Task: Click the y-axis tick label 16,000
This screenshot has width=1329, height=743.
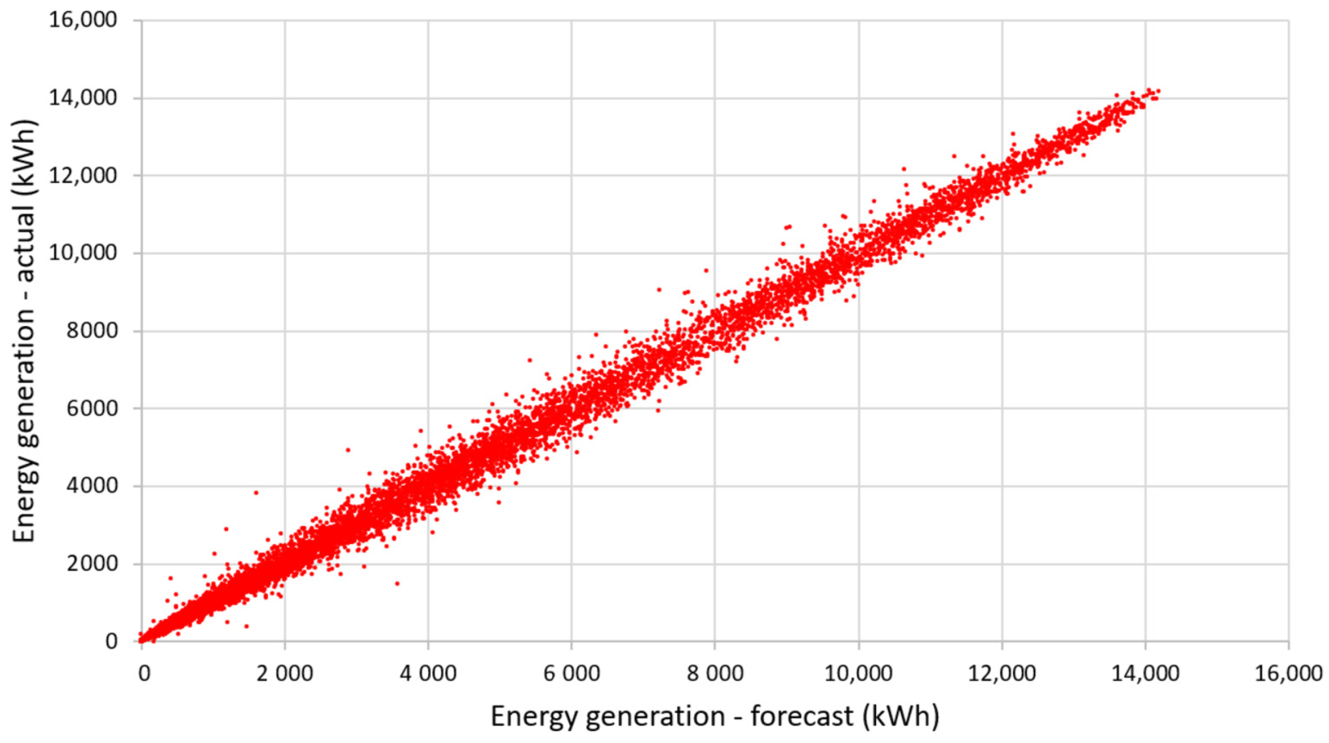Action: click(83, 21)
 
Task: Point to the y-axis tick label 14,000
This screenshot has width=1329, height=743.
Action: click(83, 98)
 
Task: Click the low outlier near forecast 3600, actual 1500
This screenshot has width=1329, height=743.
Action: click(397, 583)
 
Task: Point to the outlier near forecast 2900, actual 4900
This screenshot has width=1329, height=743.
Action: click(348, 450)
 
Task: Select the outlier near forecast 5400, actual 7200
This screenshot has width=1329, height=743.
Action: click(530, 360)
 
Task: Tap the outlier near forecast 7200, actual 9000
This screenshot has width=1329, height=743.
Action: click(659, 290)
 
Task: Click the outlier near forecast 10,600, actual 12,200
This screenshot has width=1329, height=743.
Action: click(904, 169)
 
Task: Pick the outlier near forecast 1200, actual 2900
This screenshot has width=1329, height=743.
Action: click(226, 529)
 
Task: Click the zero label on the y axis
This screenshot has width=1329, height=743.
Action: click(111, 642)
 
